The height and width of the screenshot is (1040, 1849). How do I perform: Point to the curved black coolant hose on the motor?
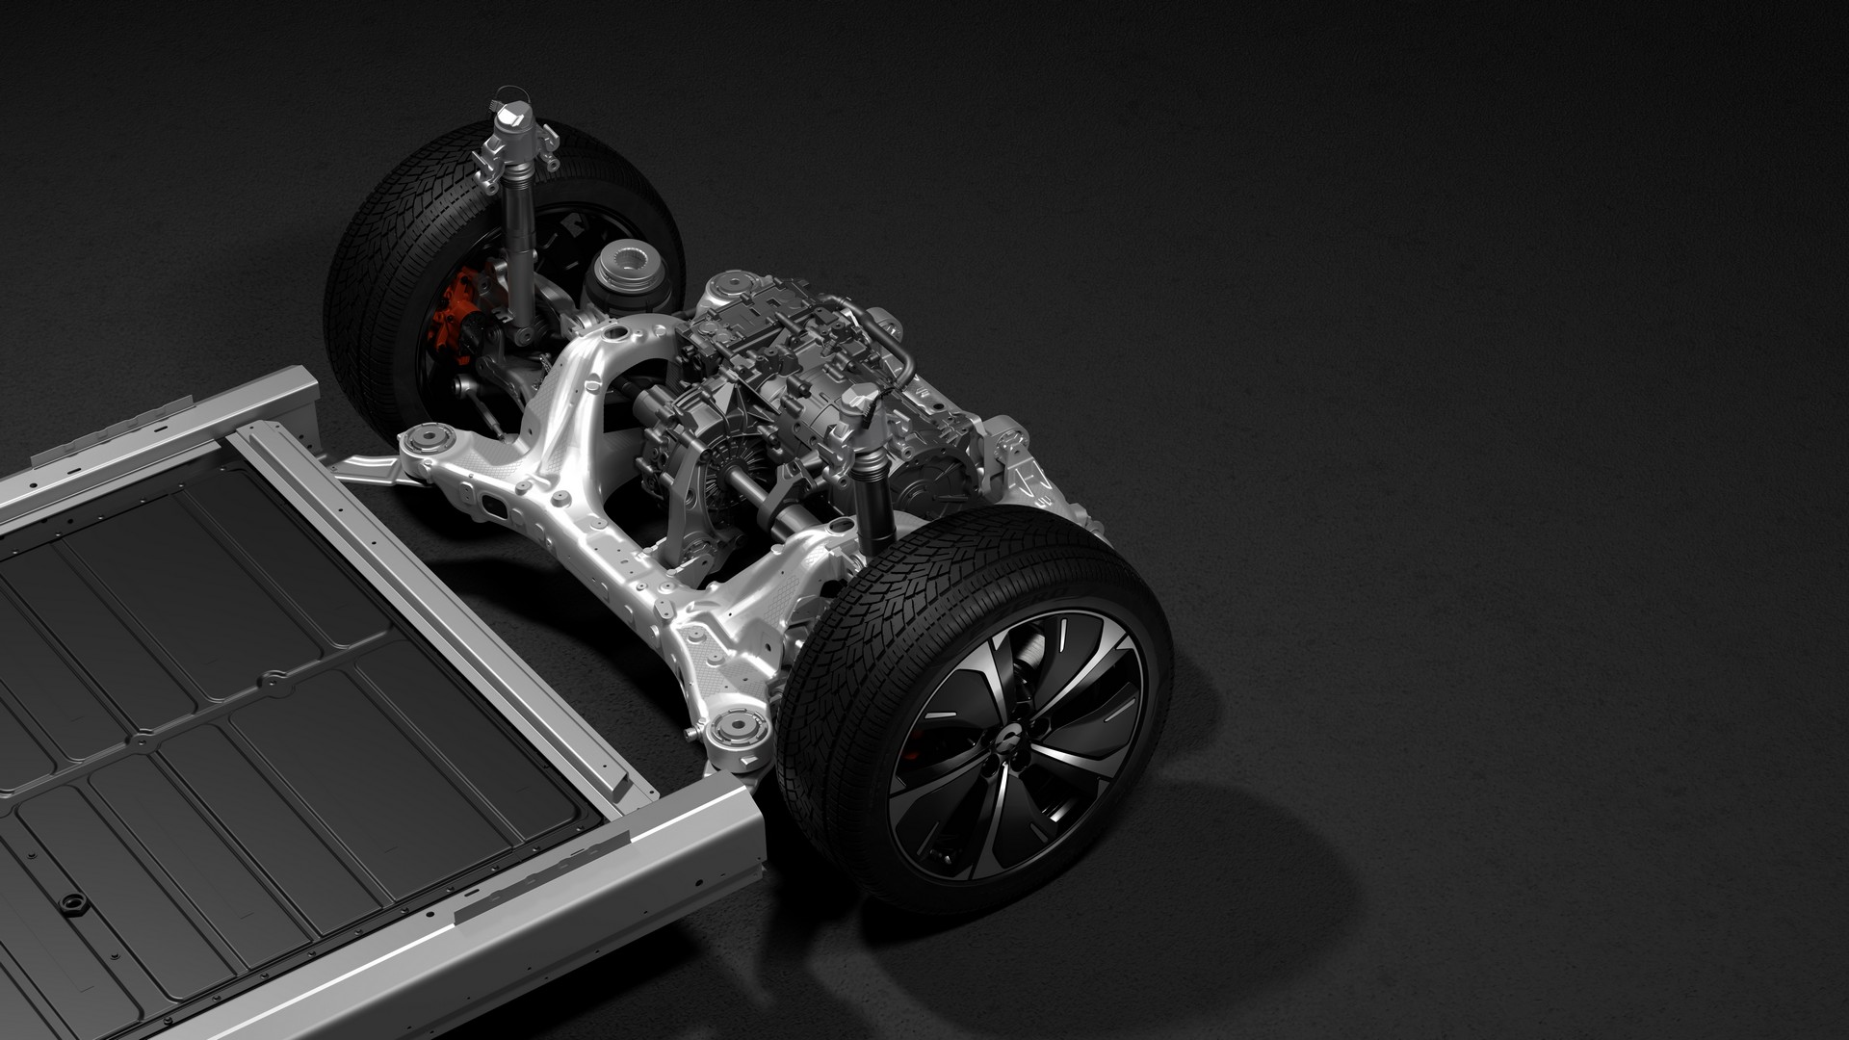tap(905, 361)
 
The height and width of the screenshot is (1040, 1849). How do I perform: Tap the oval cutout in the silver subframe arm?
tap(493, 507)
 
